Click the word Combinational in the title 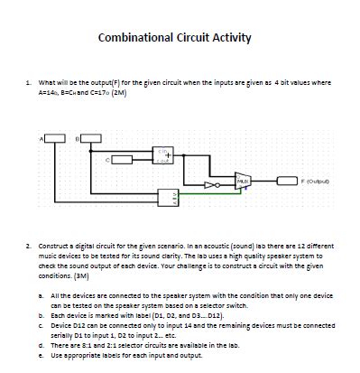(136, 38)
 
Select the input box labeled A (56, 137)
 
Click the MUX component (243, 182)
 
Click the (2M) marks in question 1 (118, 91)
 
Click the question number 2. (28, 244)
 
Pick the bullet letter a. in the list (42, 294)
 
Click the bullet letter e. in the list (42, 356)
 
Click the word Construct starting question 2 (53, 244)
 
